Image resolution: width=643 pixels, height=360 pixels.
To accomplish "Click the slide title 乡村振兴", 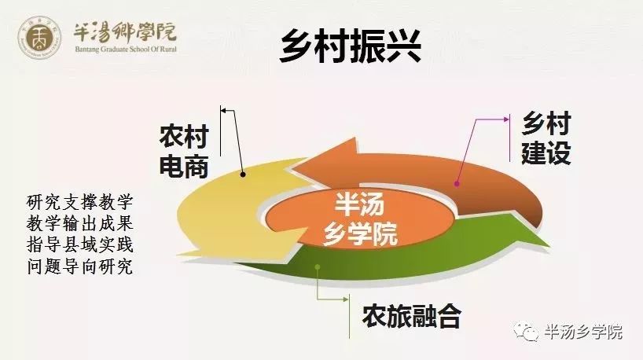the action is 351,46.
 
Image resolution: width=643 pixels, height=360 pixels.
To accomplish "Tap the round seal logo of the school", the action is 39,37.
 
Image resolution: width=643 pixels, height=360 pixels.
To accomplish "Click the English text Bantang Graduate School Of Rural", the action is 126,50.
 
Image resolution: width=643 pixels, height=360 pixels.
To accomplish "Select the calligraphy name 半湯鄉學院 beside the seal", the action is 125,32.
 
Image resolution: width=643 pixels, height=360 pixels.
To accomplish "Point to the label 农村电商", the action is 184,151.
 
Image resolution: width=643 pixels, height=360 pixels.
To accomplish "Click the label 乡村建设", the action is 546,138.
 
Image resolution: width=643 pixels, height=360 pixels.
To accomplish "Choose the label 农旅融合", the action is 412,316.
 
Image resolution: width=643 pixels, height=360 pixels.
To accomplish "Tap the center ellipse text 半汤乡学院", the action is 360,219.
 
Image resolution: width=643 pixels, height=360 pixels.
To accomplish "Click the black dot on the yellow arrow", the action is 243,174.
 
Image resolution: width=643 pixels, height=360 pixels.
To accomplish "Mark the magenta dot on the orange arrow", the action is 457,184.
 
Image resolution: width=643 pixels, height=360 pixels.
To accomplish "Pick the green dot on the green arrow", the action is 318,267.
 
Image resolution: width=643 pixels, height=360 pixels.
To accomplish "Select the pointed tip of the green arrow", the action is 549,246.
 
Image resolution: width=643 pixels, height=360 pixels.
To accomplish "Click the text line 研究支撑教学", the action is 80,202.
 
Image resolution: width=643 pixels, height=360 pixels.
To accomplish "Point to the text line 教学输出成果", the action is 80,223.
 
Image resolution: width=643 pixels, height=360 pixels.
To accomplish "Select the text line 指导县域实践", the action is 80,244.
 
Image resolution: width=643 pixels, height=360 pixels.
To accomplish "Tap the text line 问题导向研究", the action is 80,266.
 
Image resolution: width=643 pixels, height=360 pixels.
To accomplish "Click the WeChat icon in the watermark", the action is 525,330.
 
